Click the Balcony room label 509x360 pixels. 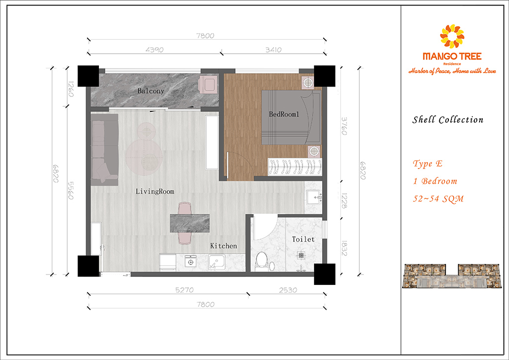[x=151, y=91]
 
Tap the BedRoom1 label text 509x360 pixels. [x=284, y=114]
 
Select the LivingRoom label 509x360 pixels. [x=155, y=191]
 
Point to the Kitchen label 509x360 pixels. [x=223, y=246]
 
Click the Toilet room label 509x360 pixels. [x=303, y=239]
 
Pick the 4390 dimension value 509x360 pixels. [x=155, y=50]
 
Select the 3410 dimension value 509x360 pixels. [x=273, y=50]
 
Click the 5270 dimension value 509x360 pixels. [x=184, y=290]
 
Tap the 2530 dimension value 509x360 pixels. [x=288, y=290]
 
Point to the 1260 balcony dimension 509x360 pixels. [x=71, y=89]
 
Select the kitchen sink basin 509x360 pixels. [x=217, y=262]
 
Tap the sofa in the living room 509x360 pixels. [x=104, y=150]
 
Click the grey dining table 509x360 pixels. [x=190, y=223]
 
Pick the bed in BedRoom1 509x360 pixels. [x=291, y=117]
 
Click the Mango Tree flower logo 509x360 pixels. [x=452, y=36]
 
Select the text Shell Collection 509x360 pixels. [x=448, y=119]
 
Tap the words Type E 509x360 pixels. [x=427, y=164]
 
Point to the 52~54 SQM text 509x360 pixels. [x=438, y=199]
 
